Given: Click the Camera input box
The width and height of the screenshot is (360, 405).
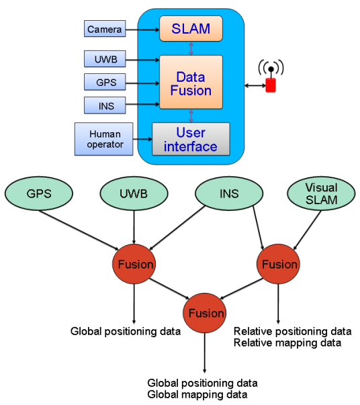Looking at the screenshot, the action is coord(105,29).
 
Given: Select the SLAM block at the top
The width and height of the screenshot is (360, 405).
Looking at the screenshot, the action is coord(191,28).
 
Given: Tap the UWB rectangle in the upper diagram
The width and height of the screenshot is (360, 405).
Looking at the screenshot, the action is coord(105,59).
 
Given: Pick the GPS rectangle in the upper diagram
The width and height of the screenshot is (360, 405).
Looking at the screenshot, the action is coord(105,82).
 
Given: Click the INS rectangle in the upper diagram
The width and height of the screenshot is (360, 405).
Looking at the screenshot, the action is coord(105,105).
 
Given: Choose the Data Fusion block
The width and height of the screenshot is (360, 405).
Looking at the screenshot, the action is coord(191,82).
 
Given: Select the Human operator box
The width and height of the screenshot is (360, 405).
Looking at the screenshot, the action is coord(104,139).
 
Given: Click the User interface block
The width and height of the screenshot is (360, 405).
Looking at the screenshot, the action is coord(191,139).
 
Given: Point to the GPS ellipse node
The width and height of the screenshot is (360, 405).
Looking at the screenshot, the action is coord(39,193).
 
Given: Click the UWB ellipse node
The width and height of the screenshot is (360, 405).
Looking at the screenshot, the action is coord(134,193).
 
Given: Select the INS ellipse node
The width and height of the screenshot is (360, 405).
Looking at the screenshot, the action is coord(229,193).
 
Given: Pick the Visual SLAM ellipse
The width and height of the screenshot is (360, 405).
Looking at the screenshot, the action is coord(321,193).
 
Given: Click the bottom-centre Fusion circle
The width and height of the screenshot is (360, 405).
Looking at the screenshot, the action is coord(205,313).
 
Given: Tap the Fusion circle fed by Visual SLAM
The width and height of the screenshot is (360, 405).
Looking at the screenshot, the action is coord(278,264).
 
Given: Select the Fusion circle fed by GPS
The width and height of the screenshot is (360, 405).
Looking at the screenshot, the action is coord(134,264).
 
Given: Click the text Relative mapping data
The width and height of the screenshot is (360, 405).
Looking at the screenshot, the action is coord(287,343).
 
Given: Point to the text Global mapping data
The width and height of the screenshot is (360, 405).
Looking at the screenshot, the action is coord(197,395).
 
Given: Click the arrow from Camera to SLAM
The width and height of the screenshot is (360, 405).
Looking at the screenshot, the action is coord(142,30).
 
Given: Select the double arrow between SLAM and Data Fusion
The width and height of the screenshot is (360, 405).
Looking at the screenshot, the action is coord(191,48).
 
